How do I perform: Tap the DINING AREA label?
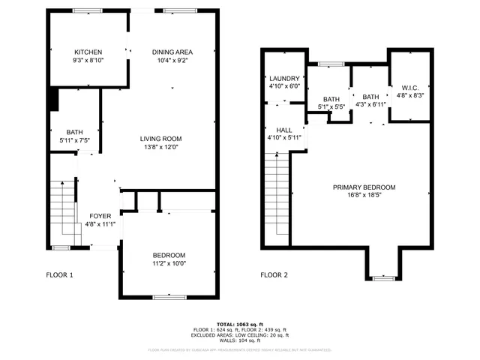172,52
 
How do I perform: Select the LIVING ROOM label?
161,139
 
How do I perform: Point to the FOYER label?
100,216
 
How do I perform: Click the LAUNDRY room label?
284,78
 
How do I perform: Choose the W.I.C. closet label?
410,87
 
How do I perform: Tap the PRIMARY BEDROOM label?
364,187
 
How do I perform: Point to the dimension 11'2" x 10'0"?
169,263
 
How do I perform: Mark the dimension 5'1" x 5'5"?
331,107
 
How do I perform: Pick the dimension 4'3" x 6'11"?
370,105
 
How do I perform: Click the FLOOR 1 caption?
59,275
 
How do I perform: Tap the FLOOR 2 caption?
274,275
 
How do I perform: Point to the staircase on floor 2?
277,199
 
